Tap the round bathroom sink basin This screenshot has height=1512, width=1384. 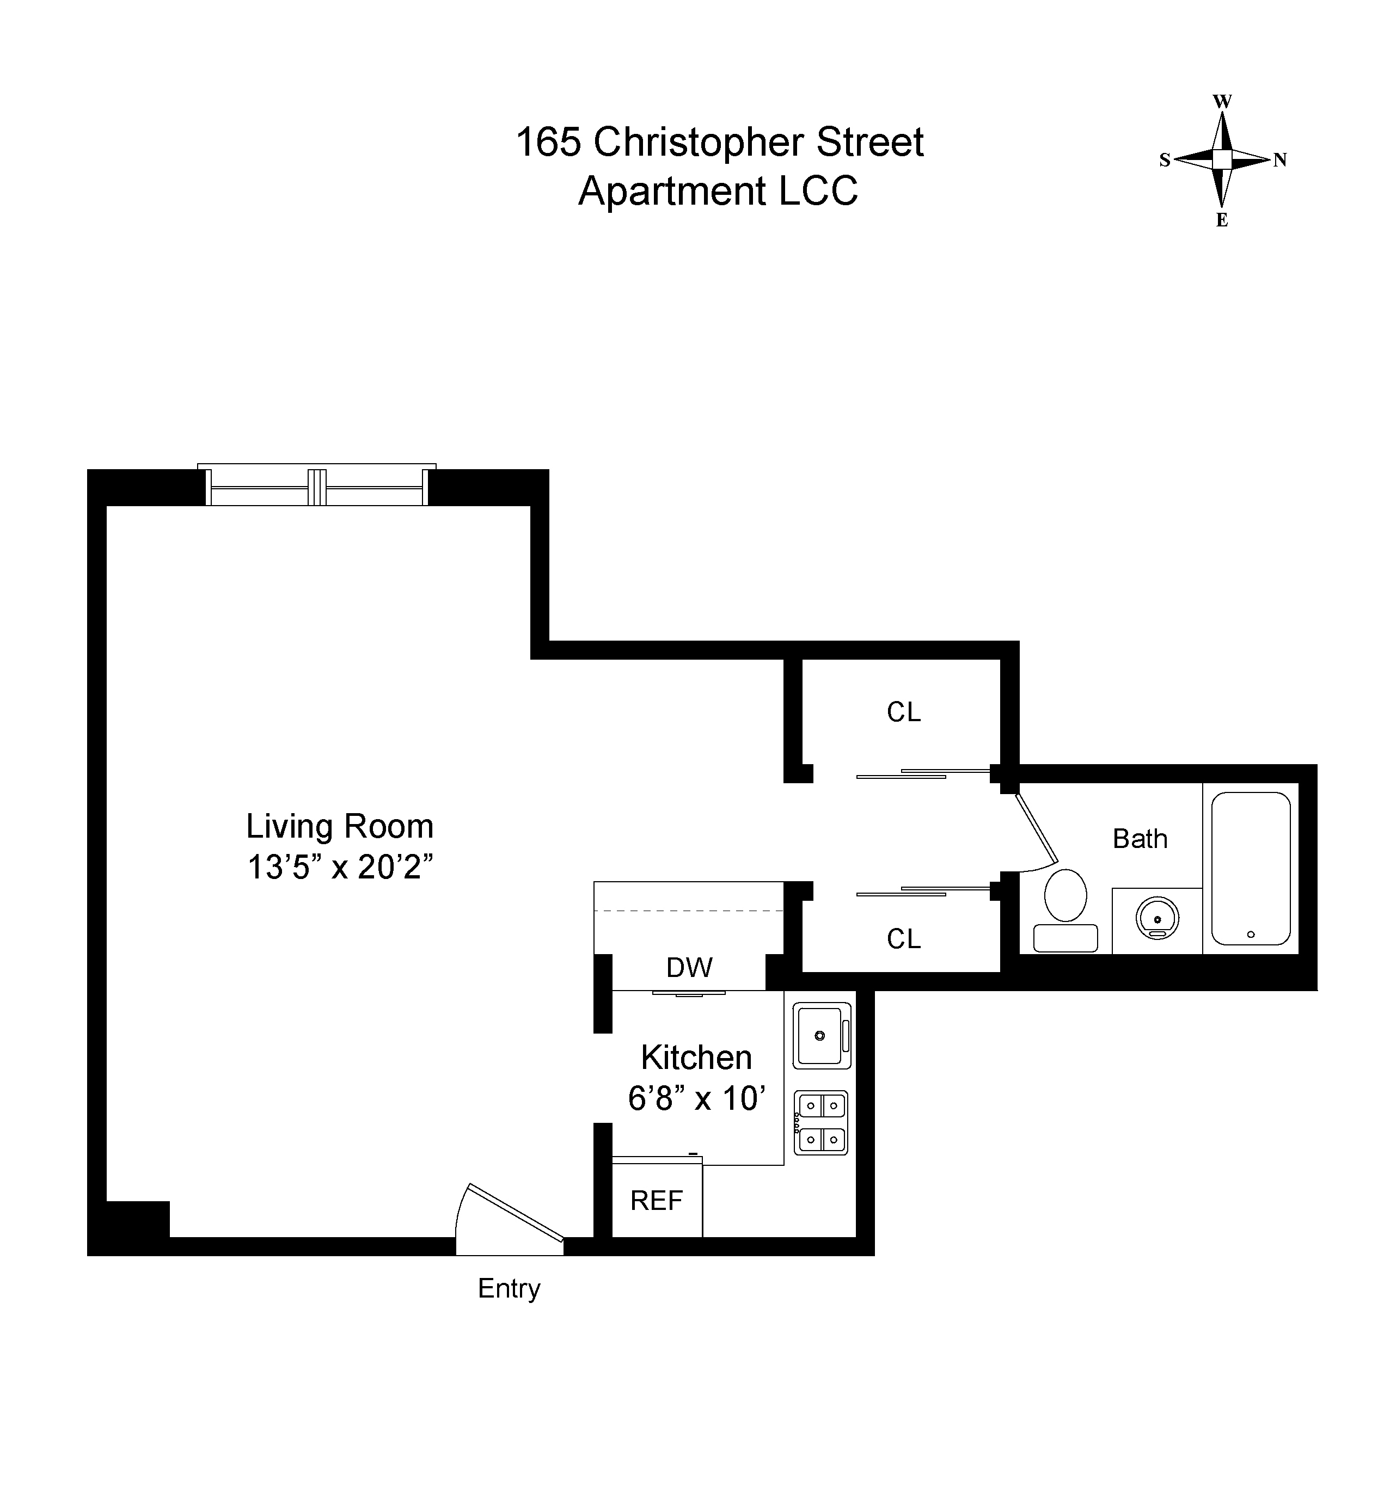click(1157, 919)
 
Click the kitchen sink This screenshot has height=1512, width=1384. click(820, 1036)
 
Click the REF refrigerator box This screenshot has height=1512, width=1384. click(657, 1201)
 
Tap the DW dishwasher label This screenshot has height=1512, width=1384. click(689, 968)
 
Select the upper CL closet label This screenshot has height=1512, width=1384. click(903, 712)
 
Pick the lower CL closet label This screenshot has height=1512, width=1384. click(903, 939)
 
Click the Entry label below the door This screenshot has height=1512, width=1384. click(509, 1288)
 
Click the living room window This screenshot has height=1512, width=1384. click(316, 488)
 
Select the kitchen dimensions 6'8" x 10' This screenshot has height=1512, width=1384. click(696, 1099)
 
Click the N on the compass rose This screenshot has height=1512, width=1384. click(1281, 160)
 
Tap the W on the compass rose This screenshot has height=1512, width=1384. click(1222, 101)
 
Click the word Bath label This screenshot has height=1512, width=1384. click(1140, 839)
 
